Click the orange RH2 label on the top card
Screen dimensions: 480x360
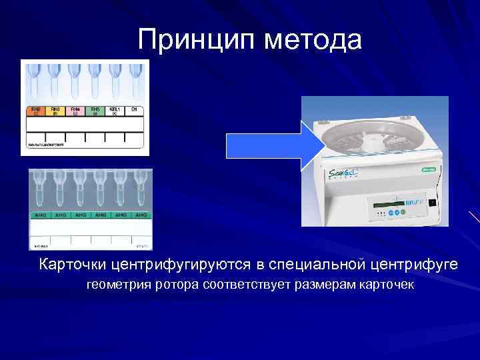[36, 111]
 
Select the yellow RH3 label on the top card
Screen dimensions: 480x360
[56, 111]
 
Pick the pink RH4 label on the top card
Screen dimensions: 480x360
[75, 111]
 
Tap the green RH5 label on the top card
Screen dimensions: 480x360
[95, 111]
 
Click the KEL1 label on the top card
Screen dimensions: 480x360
[115, 111]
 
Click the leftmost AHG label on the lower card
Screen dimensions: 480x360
[40, 215]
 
